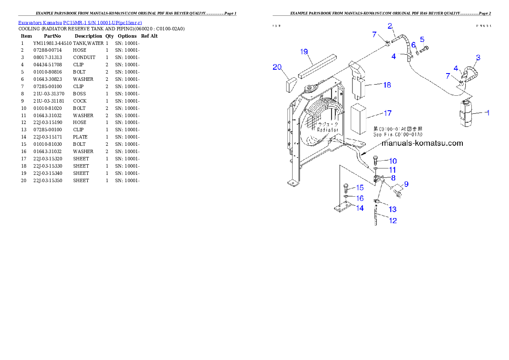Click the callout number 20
pos(277,67)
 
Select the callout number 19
pos(304,52)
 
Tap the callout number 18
pos(387,85)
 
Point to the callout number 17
pos(388,113)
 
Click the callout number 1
pos(488,113)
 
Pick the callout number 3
pos(478,57)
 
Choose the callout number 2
pos(390,26)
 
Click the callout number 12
pos(393,221)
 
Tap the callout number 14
pos(360,208)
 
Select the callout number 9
pos(406,184)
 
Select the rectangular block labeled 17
pos(359,118)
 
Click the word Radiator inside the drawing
pos(328,129)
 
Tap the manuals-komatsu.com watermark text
pos(422,143)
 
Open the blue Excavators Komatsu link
pos(80,22)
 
